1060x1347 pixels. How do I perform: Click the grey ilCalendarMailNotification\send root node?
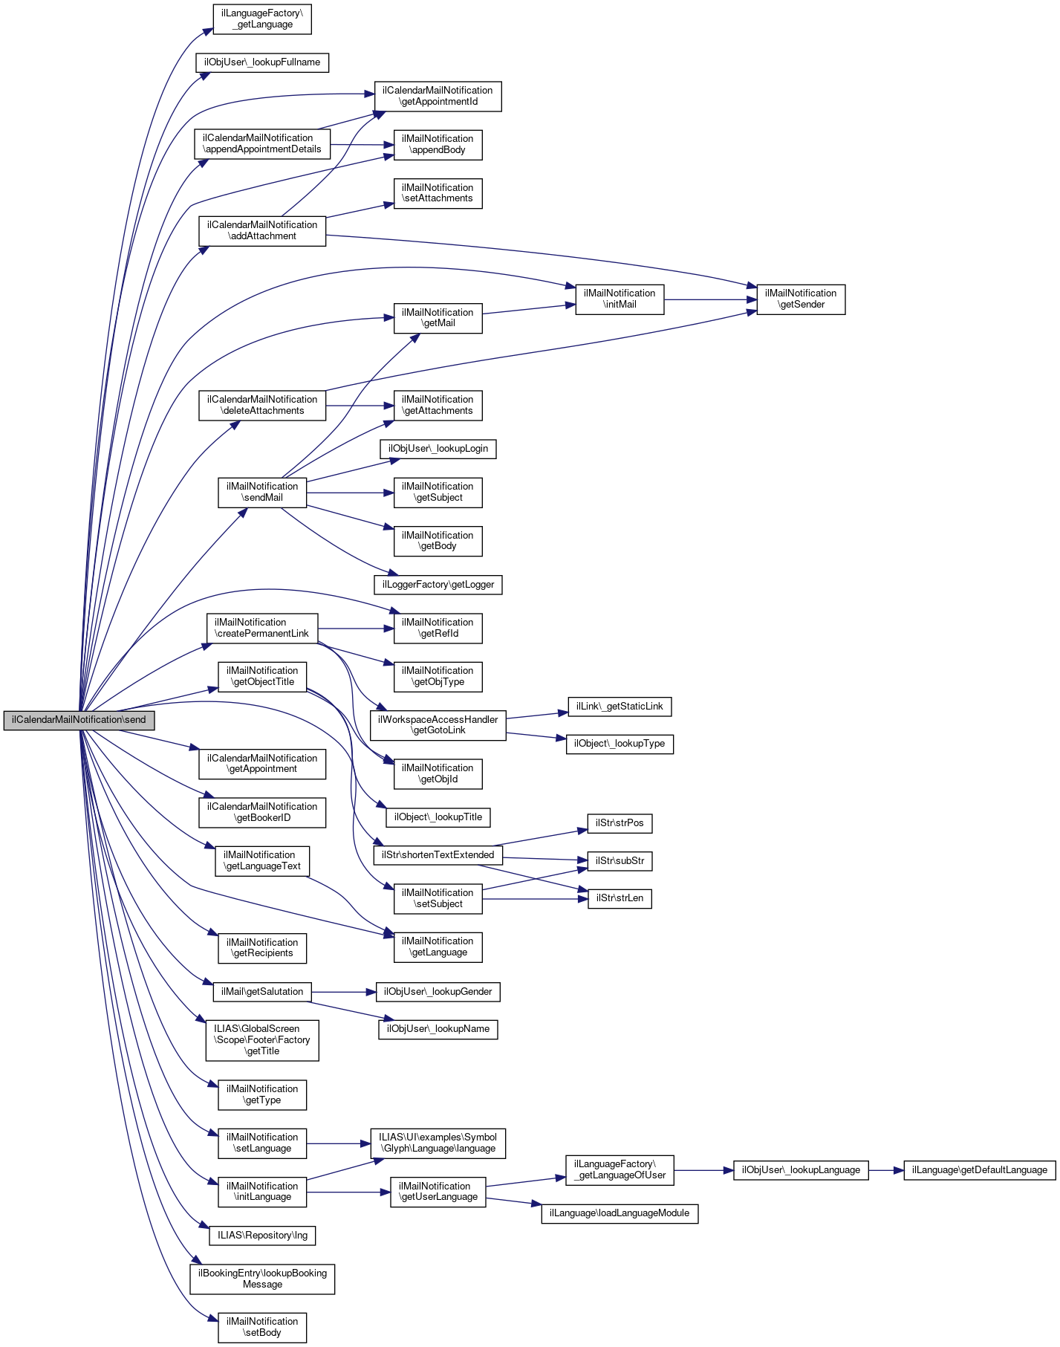(x=79, y=720)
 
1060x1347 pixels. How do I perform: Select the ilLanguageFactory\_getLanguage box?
(x=262, y=19)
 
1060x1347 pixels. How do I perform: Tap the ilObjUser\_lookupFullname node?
(x=262, y=62)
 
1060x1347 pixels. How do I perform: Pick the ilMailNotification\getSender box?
(x=801, y=299)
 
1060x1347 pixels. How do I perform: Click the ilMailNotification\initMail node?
(x=620, y=299)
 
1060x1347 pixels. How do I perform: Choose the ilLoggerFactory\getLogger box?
(x=438, y=585)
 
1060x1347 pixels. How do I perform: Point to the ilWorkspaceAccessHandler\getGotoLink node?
(x=438, y=725)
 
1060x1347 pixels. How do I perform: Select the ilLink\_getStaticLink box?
(x=620, y=707)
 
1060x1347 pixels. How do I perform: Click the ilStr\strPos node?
(x=620, y=823)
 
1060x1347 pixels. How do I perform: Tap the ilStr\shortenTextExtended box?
(x=438, y=855)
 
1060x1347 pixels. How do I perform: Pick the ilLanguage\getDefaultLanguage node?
(x=979, y=1170)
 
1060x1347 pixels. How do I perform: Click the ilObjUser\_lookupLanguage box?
(x=801, y=1170)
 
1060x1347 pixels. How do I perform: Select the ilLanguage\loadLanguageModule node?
(x=620, y=1213)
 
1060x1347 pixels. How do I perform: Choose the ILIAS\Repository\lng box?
(x=262, y=1236)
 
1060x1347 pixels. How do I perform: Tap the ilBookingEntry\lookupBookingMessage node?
(x=262, y=1279)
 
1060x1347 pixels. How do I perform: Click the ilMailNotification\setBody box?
(x=262, y=1328)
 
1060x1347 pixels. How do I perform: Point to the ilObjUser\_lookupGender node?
(x=438, y=992)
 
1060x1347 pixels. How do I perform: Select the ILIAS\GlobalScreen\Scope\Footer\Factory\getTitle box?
(x=262, y=1040)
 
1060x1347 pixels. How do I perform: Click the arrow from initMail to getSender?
(x=709, y=299)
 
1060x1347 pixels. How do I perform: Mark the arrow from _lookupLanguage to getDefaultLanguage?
(x=885, y=1170)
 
